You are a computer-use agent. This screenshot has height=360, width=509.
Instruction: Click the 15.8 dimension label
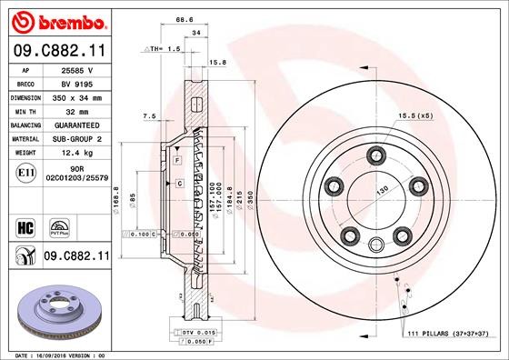pos(217,62)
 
